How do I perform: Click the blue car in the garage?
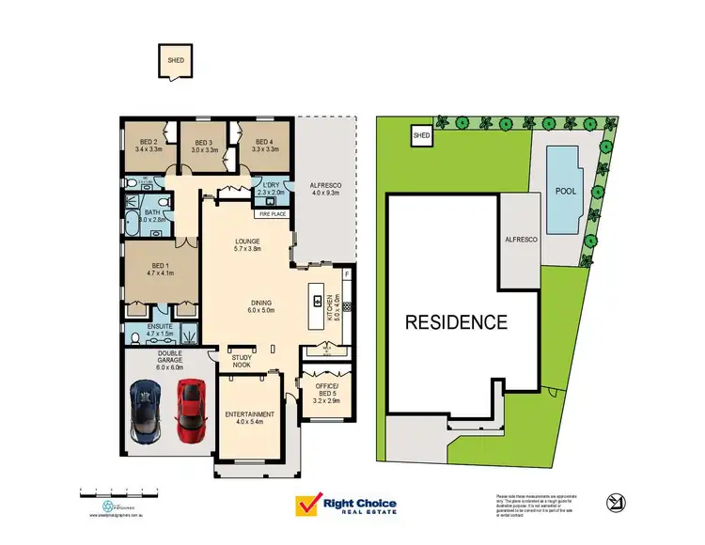[x=147, y=410]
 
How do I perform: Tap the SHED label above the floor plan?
[x=175, y=61]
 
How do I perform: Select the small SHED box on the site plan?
[x=420, y=137]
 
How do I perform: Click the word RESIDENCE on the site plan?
[x=456, y=322]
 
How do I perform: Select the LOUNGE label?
[x=247, y=241]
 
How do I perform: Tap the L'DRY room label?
[x=273, y=185]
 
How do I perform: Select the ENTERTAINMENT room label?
[x=250, y=414]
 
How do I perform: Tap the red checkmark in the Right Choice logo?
[x=307, y=505]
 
